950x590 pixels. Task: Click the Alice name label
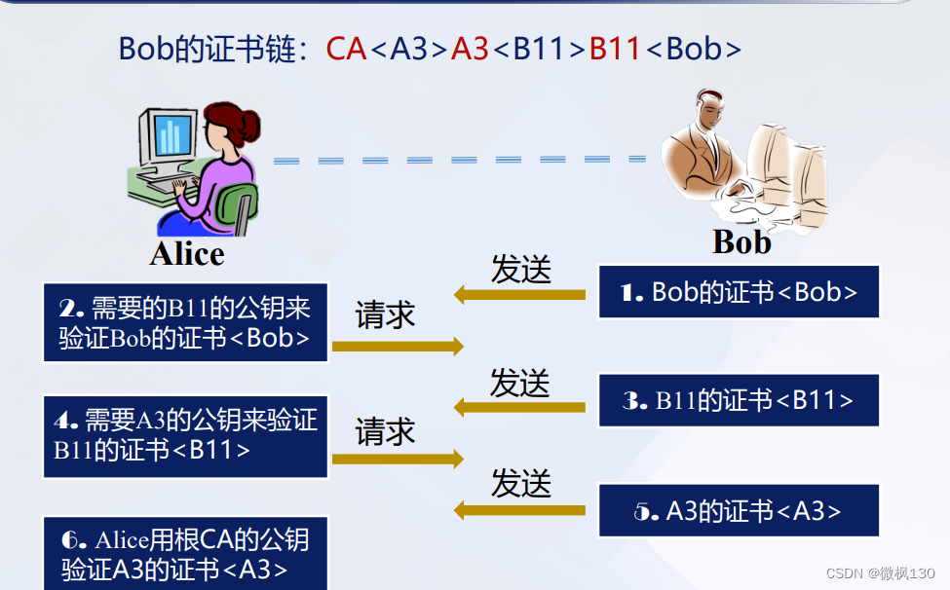click(x=187, y=254)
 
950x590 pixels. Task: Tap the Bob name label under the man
click(x=741, y=240)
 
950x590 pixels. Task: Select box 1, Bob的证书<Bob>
click(x=739, y=292)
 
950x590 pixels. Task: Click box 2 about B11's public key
click(x=185, y=323)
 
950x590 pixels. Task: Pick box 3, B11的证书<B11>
click(x=739, y=400)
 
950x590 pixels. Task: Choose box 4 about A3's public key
click(x=185, y=435)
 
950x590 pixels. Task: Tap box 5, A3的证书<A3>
click(x=739, y=510)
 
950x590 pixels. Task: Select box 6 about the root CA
click(x=185, y=554)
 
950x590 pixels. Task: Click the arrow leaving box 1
click(x=520, y=292)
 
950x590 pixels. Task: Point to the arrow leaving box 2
click(x=398, y=345)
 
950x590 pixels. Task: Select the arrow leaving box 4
click(x=398, y=459)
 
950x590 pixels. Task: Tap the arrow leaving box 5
click(x=520, y=509)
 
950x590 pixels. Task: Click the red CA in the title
click(x=346, y=49)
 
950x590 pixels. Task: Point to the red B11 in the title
click(x=615, y=49)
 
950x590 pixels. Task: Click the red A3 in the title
click(x=470, y=49)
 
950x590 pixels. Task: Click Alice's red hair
click(x=239, y=126)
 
